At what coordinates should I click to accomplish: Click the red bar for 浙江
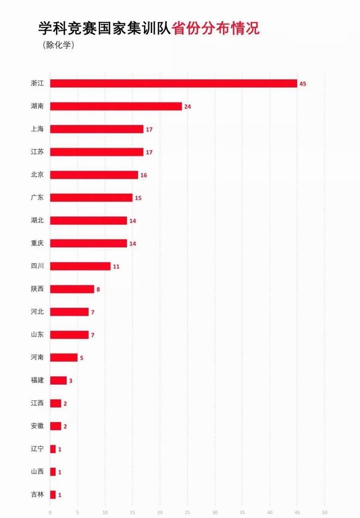pos(173,83)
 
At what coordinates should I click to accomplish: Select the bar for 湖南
pos(116,106)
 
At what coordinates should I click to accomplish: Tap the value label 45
pos(303,84)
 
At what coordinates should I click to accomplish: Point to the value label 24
pos(188,107)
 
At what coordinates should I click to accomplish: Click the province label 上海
pos(37,129)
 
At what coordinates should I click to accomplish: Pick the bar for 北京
pos(94,175)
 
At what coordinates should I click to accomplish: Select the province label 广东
pos(37,197)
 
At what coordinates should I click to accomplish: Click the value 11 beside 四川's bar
pos(116,267)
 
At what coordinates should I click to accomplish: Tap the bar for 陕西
pos(72,289)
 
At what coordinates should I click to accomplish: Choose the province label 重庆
pos(37,243)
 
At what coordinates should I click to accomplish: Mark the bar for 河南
pos(63,358)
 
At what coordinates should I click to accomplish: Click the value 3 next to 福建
pos(71,381)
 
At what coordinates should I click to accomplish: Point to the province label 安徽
pos(37,426)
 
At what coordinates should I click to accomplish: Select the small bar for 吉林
pos(53,495)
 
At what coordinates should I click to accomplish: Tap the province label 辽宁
pos(37,449)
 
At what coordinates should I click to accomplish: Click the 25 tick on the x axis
pos(187,512)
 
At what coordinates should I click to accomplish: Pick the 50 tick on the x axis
pos(324,512)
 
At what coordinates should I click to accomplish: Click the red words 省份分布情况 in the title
pos(216,29)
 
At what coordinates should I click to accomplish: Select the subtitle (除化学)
pos(58,45)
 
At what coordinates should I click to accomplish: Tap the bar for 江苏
pos(96,152)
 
